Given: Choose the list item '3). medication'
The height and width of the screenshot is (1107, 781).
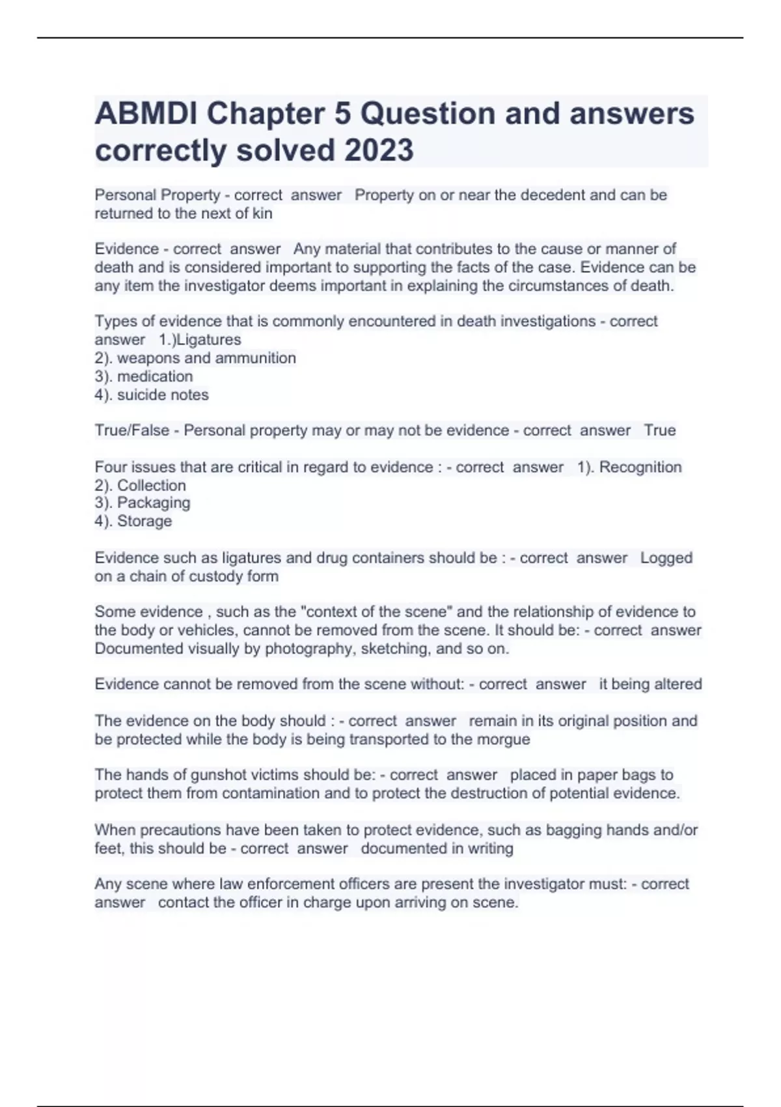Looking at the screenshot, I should coord(143,376).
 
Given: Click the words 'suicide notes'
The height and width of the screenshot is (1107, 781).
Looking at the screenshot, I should coord(163,395).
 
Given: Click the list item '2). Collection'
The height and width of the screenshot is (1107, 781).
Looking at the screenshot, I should coord(140,486).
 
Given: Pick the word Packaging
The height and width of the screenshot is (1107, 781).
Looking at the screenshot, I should coord(154,503).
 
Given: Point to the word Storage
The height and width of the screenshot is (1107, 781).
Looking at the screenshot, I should coord(144,521).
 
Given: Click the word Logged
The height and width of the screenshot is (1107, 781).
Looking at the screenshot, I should coord(666,558).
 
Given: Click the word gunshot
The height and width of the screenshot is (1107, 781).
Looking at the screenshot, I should coord(217,775).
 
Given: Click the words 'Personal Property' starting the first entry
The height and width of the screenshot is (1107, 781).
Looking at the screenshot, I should coord(157,195).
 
